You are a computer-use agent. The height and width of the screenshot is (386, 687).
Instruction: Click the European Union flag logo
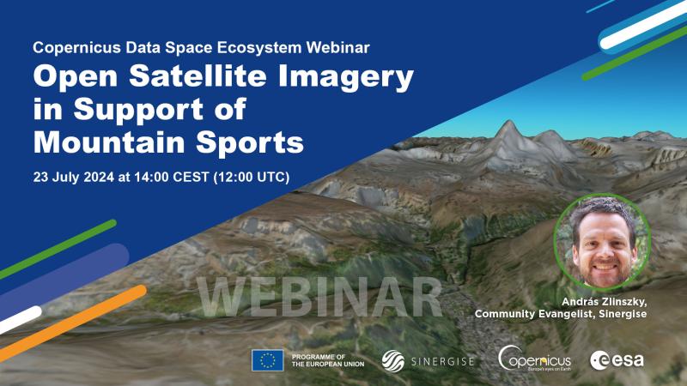point(267,360)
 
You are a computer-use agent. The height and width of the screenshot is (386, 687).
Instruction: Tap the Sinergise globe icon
point(392,361)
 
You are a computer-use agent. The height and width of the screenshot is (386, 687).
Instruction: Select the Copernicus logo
point(534,359)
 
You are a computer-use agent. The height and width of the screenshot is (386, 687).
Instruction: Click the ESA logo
point(617,360)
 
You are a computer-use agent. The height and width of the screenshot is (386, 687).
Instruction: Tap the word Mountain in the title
point(110,142)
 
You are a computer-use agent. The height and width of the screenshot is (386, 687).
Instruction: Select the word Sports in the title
point(250,143)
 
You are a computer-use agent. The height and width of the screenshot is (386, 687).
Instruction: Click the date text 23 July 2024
point(74,177)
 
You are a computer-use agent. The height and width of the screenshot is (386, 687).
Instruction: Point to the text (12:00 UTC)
point(251,178)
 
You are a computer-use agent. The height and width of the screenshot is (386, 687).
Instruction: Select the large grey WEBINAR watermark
point(319,296)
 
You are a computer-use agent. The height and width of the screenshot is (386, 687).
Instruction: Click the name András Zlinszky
point(604,302)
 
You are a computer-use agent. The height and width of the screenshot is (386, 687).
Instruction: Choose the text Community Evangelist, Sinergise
point(561,314)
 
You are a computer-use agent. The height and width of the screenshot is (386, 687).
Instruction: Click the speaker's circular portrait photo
point(602,242)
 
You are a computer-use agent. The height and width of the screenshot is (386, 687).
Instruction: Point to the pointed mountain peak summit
point(508,122)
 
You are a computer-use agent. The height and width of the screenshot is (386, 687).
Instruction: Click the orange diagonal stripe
point(73,323)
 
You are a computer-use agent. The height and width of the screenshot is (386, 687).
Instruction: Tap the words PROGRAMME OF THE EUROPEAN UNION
point(328,360)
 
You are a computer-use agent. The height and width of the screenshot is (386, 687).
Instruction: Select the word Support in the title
point(139,110)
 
